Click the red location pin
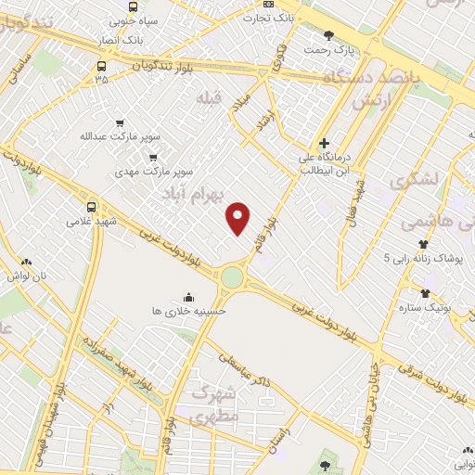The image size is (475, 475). (239, 218)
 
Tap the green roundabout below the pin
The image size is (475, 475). (232, 276)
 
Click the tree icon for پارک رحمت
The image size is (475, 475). (329, 36)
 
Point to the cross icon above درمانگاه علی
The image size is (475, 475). (323, 143)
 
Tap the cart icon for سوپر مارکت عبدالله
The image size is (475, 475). (119, 122)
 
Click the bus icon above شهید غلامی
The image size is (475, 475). (91, 208)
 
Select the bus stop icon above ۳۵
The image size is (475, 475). (101, 66)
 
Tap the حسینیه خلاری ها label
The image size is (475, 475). (189, 313)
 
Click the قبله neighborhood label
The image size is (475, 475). (210, 96)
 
